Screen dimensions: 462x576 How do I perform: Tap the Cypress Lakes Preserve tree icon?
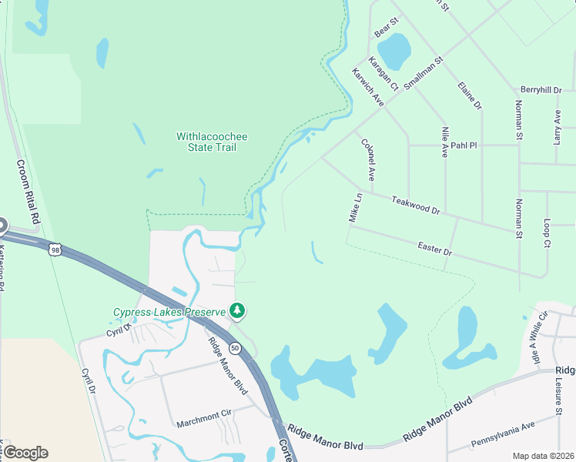238,311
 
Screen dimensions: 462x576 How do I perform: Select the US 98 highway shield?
54,249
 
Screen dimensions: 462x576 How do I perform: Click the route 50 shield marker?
235,349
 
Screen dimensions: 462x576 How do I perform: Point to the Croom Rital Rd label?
28,193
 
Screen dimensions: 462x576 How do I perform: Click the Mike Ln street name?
355,208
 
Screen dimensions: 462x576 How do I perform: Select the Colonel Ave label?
367,159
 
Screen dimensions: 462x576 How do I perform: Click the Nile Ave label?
444,142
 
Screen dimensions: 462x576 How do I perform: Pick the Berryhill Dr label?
541,90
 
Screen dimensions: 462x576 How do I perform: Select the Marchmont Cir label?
203,423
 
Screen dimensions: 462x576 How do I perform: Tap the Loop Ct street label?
548,233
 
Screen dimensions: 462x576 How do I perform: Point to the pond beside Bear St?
394,51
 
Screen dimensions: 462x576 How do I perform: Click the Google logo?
25,453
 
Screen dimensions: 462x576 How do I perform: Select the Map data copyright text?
543,456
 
